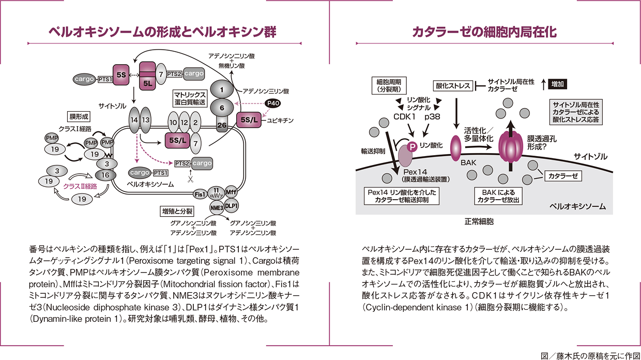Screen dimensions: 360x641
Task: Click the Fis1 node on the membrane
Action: (200, 194)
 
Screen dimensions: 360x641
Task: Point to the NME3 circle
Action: (216, 207)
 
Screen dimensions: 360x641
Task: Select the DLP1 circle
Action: (232, 205)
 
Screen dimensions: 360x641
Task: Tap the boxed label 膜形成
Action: (80, 116)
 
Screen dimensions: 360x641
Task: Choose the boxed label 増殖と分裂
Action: (177, 212)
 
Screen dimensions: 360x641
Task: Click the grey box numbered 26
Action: (222, 124)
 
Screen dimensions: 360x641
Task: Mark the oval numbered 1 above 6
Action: (222, 89)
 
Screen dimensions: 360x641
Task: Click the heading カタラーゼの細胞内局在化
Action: (484, 33)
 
